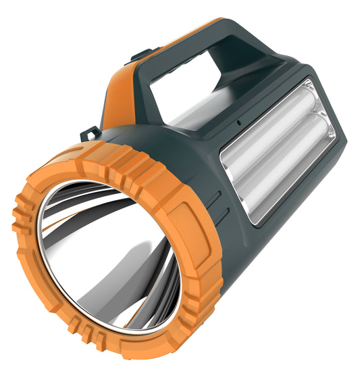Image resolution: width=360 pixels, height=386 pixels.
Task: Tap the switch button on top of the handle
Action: (144, 54)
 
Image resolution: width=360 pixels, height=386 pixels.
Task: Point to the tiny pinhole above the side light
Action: (238, 123)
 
